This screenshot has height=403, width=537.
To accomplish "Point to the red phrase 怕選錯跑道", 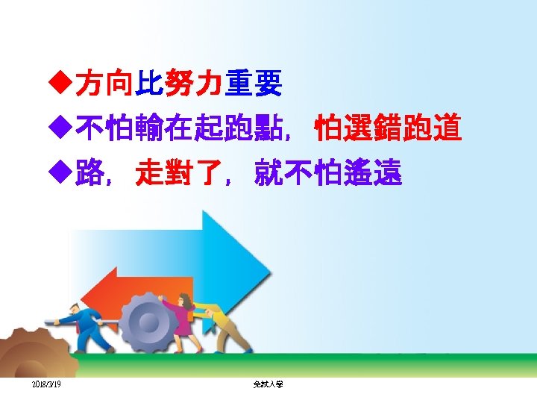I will click(x=388, y=129).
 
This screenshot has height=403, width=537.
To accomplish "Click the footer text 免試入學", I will click(x=268, y=384).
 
